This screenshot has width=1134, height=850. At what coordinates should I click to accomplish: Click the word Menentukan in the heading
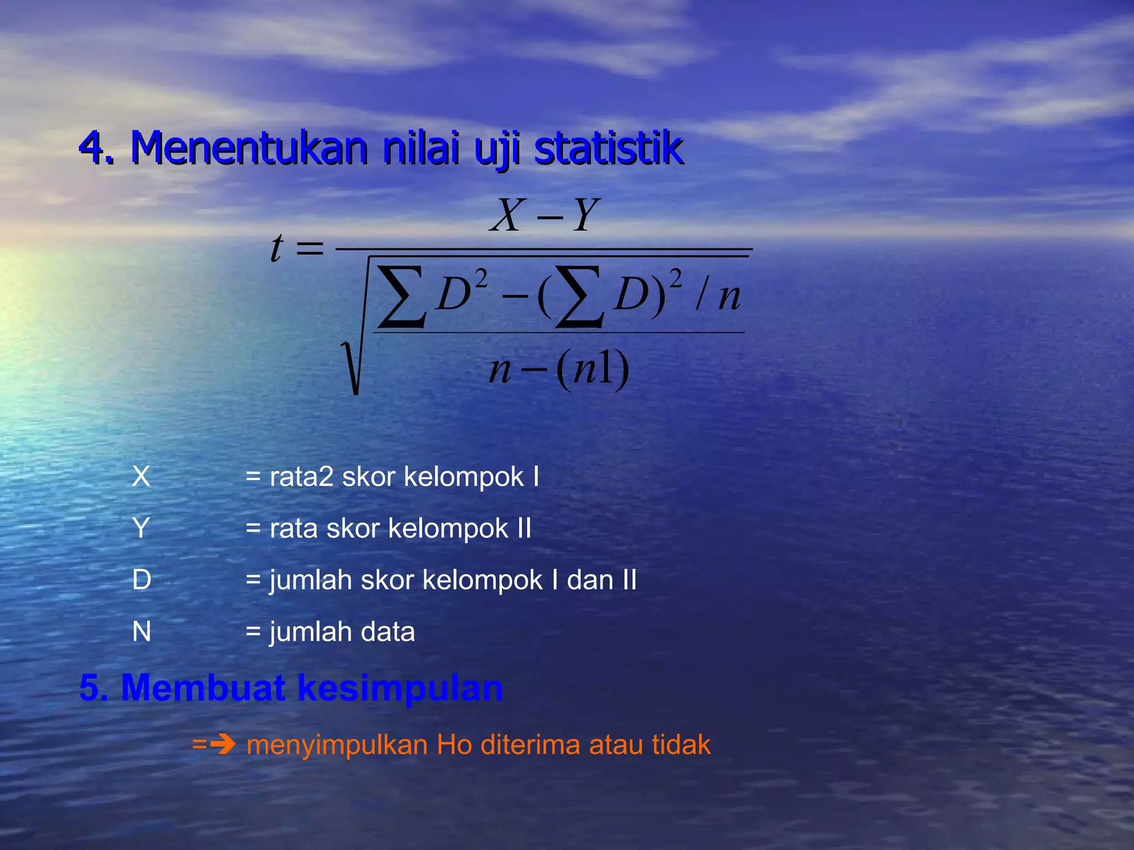coord(249,148)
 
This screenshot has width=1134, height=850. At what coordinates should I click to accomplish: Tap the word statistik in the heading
coord(609,148)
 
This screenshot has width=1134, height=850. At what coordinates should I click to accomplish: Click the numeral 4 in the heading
coord(92,148)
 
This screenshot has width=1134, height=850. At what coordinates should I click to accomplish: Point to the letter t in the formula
coord(276,247)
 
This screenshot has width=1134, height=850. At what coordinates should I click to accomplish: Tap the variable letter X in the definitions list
coord(141,476)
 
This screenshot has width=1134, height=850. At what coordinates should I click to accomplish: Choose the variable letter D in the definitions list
coord(142,580)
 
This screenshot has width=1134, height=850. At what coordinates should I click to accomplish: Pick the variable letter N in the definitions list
coord(142,631)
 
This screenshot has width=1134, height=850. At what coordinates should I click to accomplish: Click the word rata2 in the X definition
coord(302,476)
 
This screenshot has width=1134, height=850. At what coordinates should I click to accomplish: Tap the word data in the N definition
coord(388,631)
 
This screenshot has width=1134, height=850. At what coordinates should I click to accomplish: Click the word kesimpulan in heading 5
coord(400,688)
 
